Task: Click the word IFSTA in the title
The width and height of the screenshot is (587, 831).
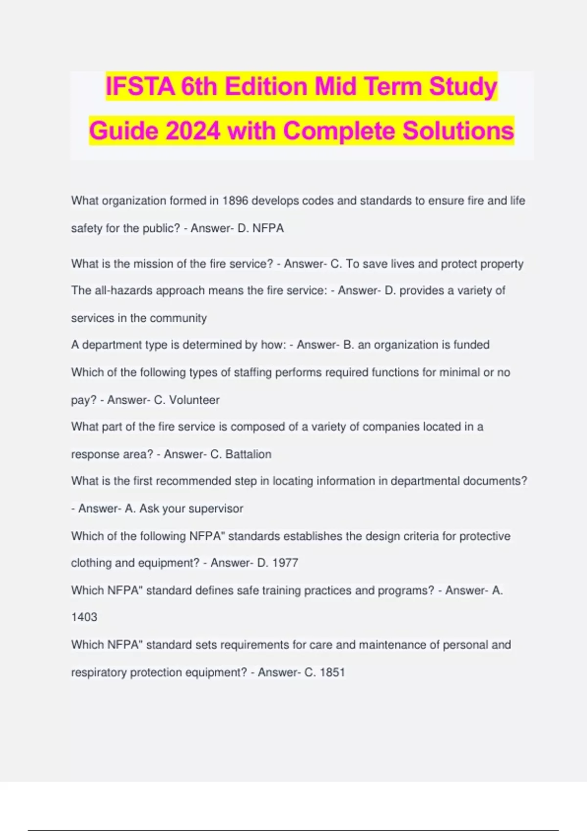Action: tap(140, 87)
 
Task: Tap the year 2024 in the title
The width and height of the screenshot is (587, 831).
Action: tap(193, 131)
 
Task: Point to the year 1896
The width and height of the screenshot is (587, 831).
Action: tap(235, 201)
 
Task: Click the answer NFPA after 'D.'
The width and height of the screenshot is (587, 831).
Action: tap(268, 228)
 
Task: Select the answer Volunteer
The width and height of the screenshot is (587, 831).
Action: tap(194, 400)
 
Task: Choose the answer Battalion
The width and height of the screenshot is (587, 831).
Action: tap(248, 454)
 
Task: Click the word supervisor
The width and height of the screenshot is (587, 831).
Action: tap(216, 508)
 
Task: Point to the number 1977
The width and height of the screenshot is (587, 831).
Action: tap(285, 563)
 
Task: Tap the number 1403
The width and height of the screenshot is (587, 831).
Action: tap(84, 617)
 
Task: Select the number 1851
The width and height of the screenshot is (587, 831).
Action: tap(332, 672)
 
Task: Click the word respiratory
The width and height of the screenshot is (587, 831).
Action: tap(99, 672)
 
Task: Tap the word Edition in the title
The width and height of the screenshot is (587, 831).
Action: tap(267, 87)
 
